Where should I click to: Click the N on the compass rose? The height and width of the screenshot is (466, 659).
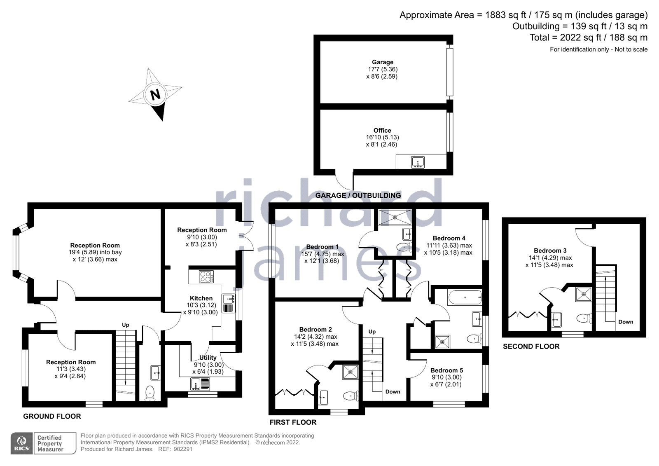[155, 95]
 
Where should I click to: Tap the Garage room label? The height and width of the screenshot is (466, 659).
[382, 62]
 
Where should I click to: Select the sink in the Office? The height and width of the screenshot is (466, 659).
[418, 162]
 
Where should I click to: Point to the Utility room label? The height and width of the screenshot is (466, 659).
[208, 358]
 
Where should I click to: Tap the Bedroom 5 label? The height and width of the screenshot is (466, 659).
[446, 370]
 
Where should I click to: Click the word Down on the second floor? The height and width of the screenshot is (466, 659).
[625, 322]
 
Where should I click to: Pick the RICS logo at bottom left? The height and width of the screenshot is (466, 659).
[22, 443]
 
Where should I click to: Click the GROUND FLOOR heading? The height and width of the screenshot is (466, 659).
[52, 416]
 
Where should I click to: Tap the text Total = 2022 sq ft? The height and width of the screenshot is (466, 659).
[588, 37]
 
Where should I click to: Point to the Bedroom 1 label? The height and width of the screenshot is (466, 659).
[322, 247]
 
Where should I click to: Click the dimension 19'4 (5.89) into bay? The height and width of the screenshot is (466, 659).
[95, 252]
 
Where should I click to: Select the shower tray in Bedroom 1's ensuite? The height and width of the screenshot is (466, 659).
[395, 216]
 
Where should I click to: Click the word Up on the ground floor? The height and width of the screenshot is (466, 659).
[126, 325]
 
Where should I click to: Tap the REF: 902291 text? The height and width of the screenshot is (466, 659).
[175, 449]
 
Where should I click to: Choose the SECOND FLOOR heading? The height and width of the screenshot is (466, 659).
[531, 347]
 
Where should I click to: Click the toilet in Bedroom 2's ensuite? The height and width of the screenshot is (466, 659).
[349, 396]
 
